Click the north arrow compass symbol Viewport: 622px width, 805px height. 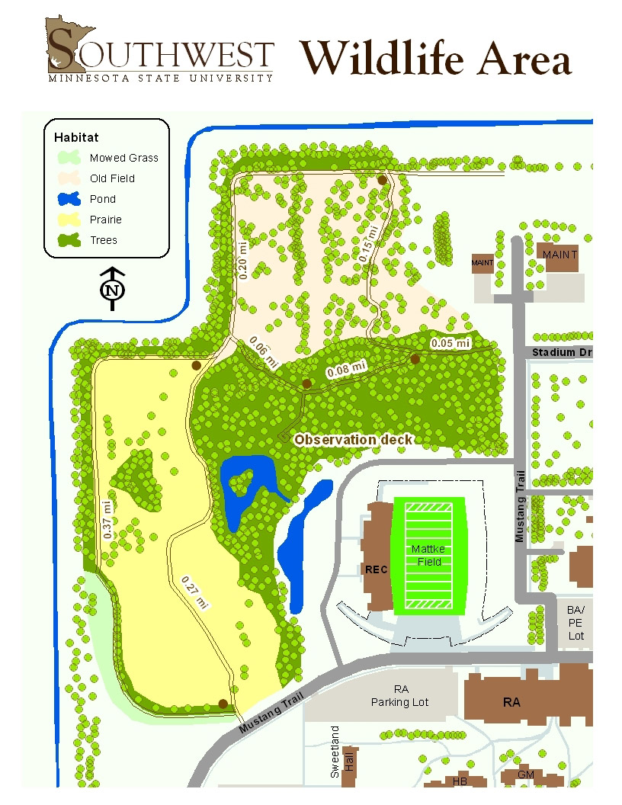click(x=113, y=290)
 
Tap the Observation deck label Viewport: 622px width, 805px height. click(x=353, y=439)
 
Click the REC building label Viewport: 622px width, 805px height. click(x=377, y=569)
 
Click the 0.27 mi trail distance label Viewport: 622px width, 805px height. click(x=195, y=592)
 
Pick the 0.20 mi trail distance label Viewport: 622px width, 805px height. click(x=244, y=260)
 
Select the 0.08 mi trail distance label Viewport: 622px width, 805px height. click(x=346, y=370)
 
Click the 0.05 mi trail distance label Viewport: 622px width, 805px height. click(x=450, y=344)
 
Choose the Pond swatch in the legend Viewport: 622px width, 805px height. click(x=69, y=199)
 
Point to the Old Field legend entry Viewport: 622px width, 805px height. click(x=111, y=178)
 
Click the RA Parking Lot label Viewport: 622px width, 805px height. click(x=400, y=695)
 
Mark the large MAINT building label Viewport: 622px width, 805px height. click(x=559, y=255)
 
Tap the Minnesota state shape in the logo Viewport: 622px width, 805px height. click(x=67, y=46)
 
